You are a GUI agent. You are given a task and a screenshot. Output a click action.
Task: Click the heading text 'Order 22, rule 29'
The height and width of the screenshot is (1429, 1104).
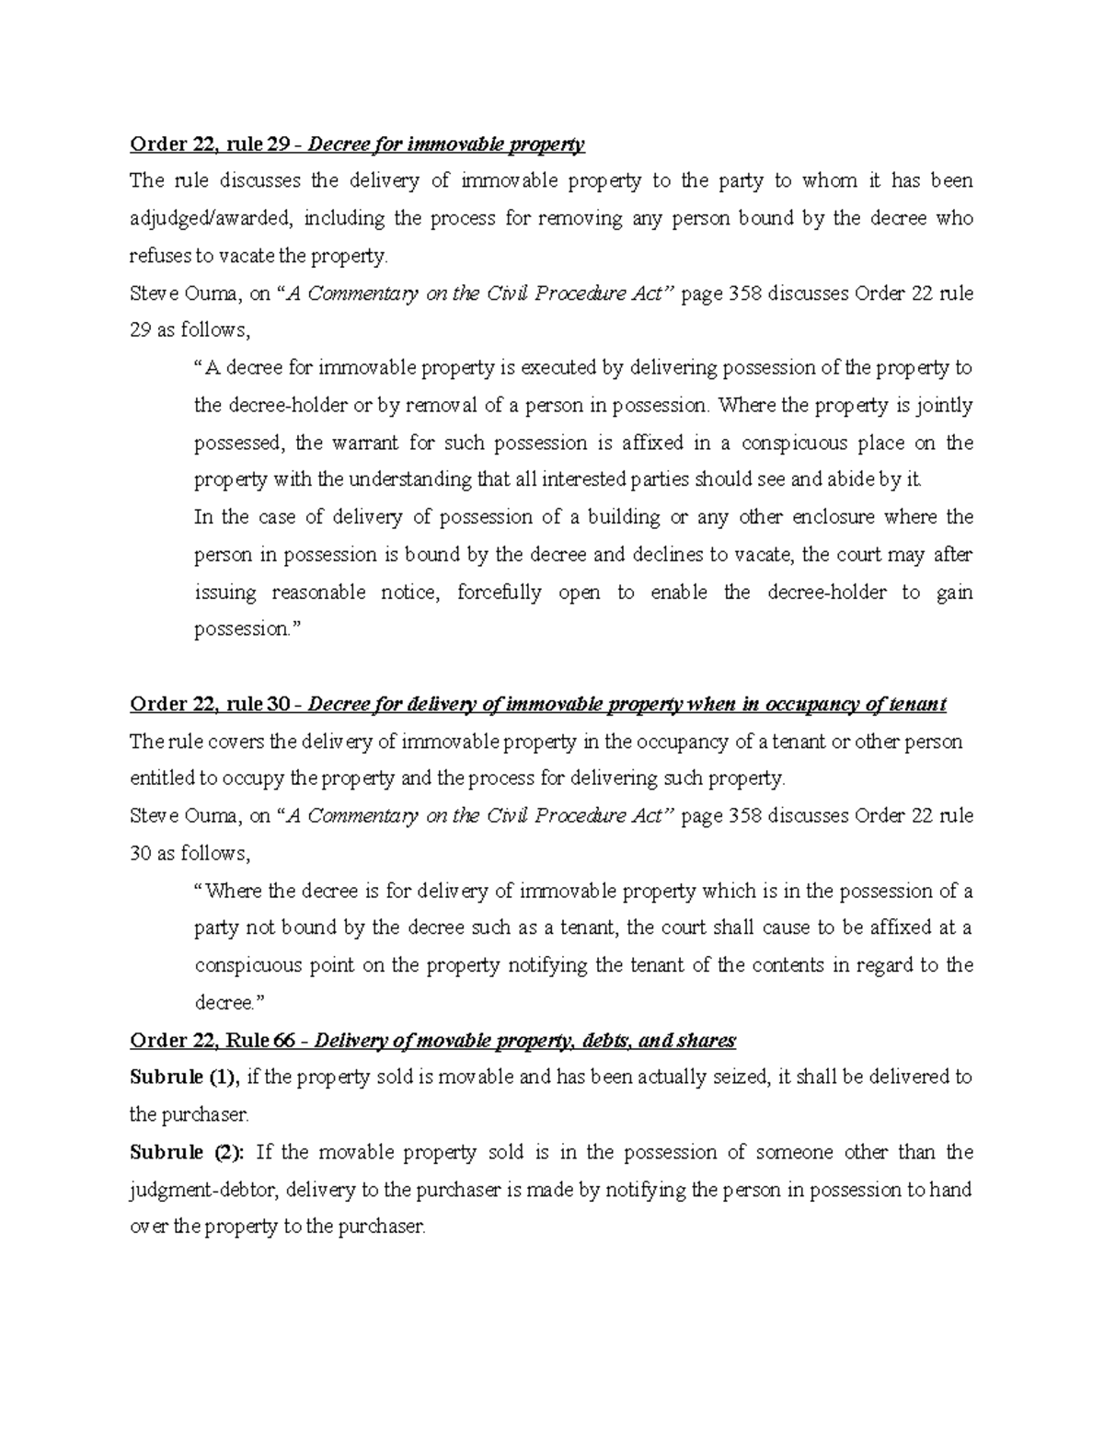click(x=209, y=144)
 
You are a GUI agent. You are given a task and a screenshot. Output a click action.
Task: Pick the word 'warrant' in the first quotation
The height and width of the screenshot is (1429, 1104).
click(x=362, y=444)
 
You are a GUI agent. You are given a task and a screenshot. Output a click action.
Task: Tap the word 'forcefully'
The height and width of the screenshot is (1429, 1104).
click(x=500, y=593)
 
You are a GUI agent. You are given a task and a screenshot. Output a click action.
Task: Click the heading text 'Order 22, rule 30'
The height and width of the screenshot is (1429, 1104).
click(x=209, y=705)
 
